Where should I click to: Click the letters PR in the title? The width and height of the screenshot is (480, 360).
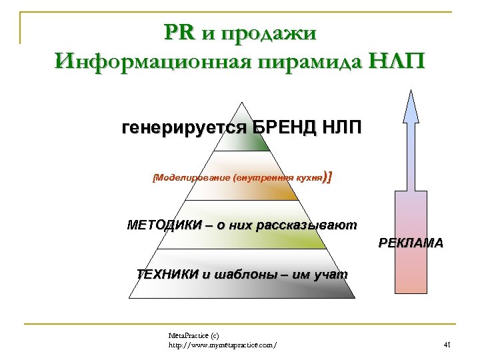coord(179,32)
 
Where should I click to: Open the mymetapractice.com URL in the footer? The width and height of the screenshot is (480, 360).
coord(223,345)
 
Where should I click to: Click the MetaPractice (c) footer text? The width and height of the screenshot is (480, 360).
coord(194,335)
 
